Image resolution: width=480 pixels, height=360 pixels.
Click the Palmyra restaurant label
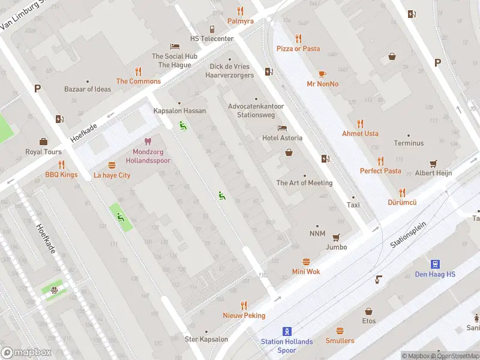click(240, 21)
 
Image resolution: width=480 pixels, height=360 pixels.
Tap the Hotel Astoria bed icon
click(282, 128)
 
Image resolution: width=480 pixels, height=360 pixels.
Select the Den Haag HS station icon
click(435, 264)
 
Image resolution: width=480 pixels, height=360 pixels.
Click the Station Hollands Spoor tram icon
click(287, 331)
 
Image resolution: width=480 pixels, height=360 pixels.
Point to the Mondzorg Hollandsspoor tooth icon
click(148, 142)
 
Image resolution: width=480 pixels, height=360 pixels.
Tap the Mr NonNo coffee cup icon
click(322, 74)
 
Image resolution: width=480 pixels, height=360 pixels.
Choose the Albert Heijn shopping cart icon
click(433, 163)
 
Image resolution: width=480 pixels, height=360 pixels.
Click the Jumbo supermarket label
click(336, 247)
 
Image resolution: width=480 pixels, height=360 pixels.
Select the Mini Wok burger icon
click(306, 262)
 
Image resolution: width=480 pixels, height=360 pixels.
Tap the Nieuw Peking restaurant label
click(244, 316)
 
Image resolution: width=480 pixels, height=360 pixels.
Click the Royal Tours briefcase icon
click(43, 142)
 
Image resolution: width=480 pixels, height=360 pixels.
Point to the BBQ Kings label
click(61, 175)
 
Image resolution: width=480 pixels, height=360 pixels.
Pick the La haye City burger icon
click(112, 165)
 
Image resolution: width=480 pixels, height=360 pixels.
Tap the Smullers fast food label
click(340, 341)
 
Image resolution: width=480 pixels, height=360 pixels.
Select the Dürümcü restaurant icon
click(401, 193)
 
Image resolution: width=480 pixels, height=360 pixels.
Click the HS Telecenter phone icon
click(212, 29)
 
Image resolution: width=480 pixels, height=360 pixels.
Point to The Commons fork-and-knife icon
click(138, 71)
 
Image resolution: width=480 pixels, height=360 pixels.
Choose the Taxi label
click(353, 205)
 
